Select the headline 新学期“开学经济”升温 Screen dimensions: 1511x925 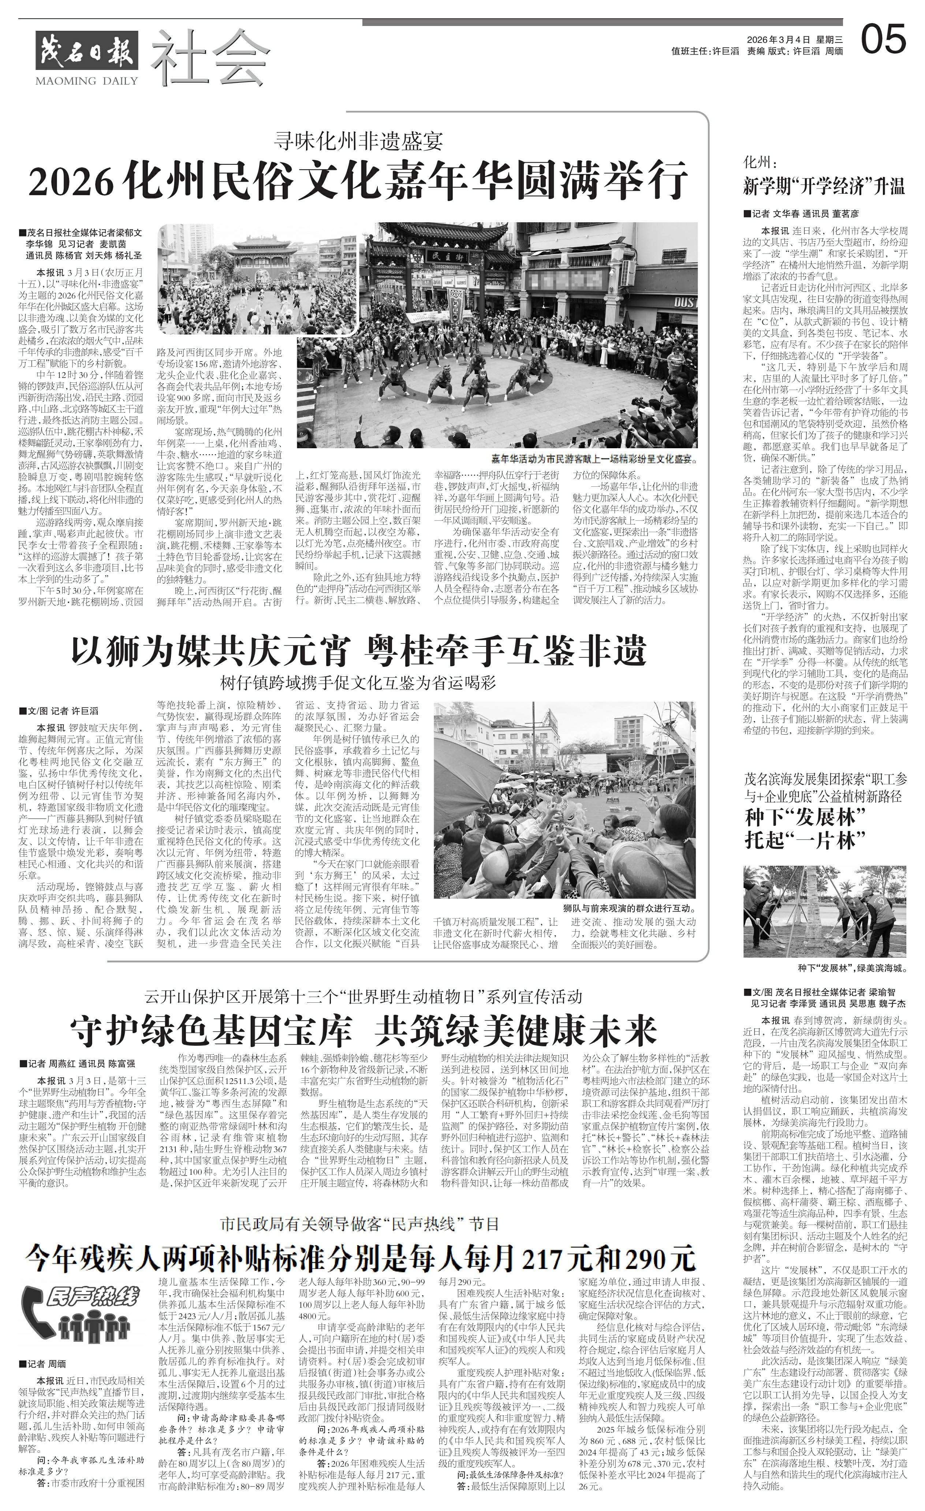pos(823,187)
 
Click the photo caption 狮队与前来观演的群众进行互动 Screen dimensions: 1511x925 pos(629,907)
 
